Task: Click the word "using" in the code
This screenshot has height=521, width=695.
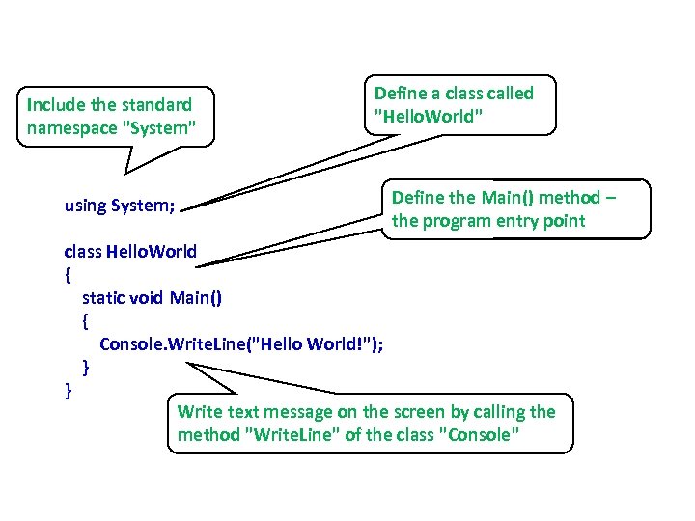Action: [85, 206]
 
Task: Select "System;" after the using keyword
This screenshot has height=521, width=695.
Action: [144, 206]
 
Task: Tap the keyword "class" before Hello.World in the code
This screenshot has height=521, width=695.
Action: [82, 252]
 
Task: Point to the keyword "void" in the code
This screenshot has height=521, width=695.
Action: [146, 297]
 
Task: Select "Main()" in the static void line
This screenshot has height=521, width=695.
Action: [195, 297]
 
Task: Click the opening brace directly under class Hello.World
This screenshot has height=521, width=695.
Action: [68, 274]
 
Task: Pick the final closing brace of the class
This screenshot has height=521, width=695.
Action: [68, 390]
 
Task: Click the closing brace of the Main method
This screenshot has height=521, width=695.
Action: [86, 367]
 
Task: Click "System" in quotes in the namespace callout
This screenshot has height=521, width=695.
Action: [165, 126]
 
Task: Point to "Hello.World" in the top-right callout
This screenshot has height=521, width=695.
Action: [429, 117]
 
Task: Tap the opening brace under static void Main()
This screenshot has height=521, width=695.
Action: [86, 320]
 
